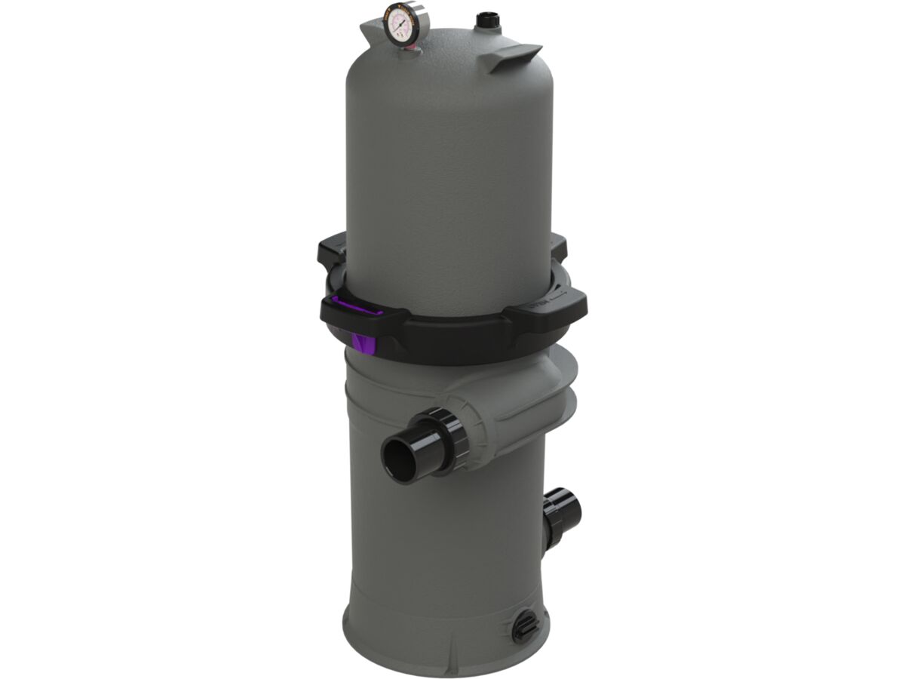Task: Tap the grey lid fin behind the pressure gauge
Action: click(x=371, y=32)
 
